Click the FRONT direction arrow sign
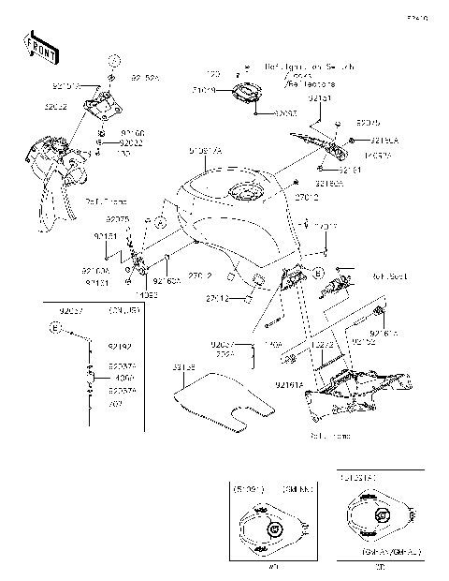(36, 43)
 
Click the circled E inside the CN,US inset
(56, 328)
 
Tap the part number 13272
(322, 345)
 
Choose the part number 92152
(365, 342)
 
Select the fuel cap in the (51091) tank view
(274, 529)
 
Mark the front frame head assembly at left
(51, 169)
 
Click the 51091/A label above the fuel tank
(205, 149)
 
